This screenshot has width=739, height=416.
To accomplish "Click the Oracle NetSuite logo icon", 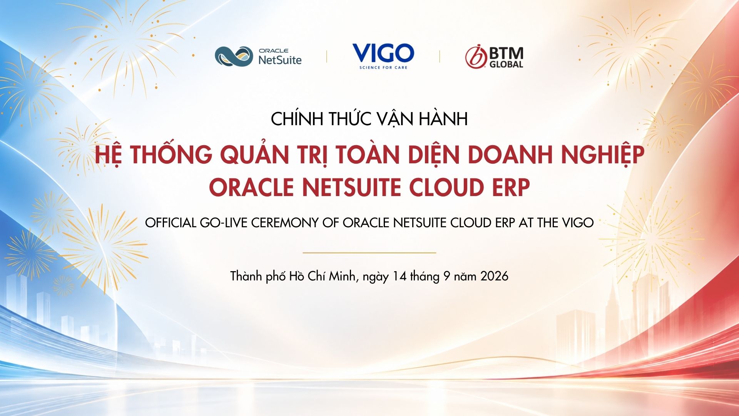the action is click(x=234, y=56).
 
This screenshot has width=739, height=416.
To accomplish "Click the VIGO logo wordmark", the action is click(x=383, y=53).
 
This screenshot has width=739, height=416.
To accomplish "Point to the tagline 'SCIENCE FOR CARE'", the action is click(x=383, y=67).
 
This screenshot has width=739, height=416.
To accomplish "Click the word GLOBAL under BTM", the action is click(x=506, y=64).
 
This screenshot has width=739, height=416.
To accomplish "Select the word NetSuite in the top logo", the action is click(x=280, y=60).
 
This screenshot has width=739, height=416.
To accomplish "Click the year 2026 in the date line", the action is click(x=495, y=276).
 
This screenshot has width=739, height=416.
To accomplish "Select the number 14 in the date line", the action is click(x=400, y=276).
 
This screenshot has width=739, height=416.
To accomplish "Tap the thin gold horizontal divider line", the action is click(x=369, y=253).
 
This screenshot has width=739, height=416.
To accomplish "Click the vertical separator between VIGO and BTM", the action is click(x=440, y=56).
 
